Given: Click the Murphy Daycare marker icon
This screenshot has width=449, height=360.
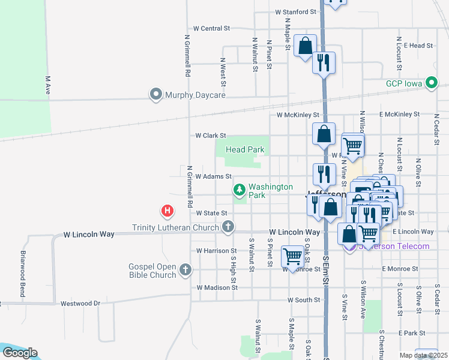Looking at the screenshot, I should (156, 95).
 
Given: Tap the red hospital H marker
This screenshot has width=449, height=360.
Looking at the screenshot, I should (167, 211).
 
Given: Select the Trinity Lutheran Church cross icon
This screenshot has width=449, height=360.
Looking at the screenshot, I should (228, 227).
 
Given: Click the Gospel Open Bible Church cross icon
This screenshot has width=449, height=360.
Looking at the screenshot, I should (185, 269).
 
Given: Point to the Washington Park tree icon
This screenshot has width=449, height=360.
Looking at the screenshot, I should (240, 190).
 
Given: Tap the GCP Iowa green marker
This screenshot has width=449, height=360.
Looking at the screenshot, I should (431, 83).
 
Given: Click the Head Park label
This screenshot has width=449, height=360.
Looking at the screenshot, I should (245, 149).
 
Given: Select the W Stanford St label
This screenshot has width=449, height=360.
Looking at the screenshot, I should (295, 11).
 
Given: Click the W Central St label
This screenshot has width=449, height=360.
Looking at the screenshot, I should (212, 28).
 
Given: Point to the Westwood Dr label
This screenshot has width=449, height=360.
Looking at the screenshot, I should (80, 304).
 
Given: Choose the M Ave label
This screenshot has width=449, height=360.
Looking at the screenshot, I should (47, 85).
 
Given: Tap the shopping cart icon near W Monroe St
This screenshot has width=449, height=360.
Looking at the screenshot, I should (292, 256).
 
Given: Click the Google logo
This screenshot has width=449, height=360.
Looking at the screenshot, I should (20, 353).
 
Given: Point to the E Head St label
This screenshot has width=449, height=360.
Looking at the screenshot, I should (418, 46).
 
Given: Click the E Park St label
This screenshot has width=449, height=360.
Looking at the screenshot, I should (411, 332).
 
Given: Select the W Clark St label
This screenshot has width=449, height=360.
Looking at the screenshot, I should (211, 136).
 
